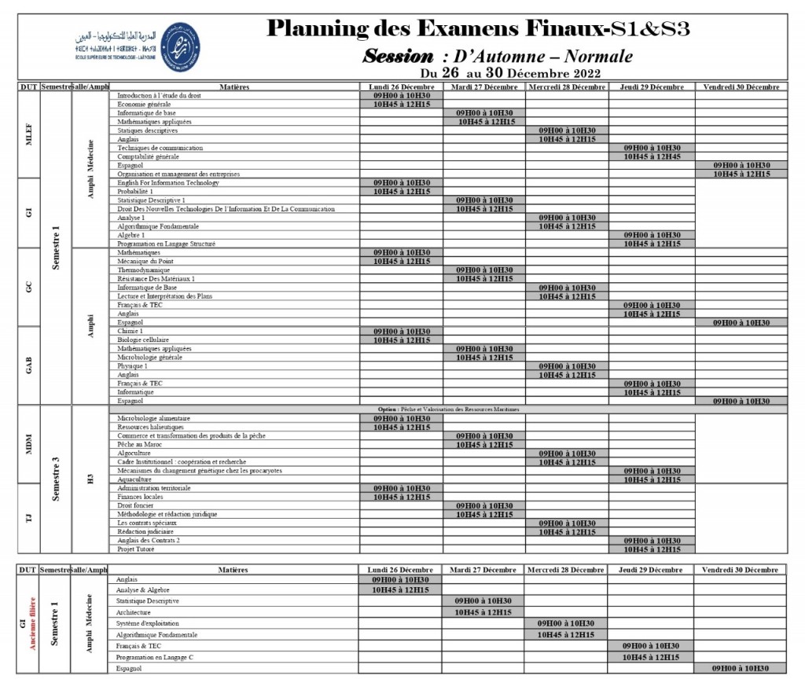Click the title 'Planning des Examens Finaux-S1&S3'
click(x=479, y=29)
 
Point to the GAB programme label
click(x=28, y=365)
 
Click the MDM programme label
click(x=28, y=444)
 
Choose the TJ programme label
click(x=28, y=518)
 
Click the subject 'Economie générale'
click(x=144, y=104)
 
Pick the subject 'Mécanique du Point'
click(x=145, y=261)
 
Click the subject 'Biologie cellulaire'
click(x=144, y=340)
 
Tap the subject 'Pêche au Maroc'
click(x=139, y=444)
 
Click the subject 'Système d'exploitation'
click(x=147, y=623)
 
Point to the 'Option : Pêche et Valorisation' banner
click(x=448, y=409)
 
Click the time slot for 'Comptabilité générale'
click(x=652, y=156)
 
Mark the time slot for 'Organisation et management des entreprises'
click(x=741, y=174)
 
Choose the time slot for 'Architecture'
click(x=483, y=612)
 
